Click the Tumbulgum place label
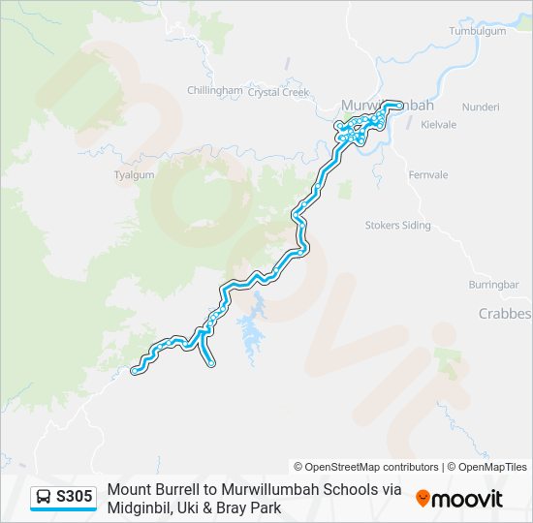coord(478,31)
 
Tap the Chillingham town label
coord(214,90)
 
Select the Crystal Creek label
coord(277,93)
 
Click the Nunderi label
coord(480,106)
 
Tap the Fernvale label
coord(428,175)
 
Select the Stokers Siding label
coord(397,225)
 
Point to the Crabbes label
coord(505,314)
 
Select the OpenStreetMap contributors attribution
coord(366,467)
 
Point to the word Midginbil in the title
coord(141,508)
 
